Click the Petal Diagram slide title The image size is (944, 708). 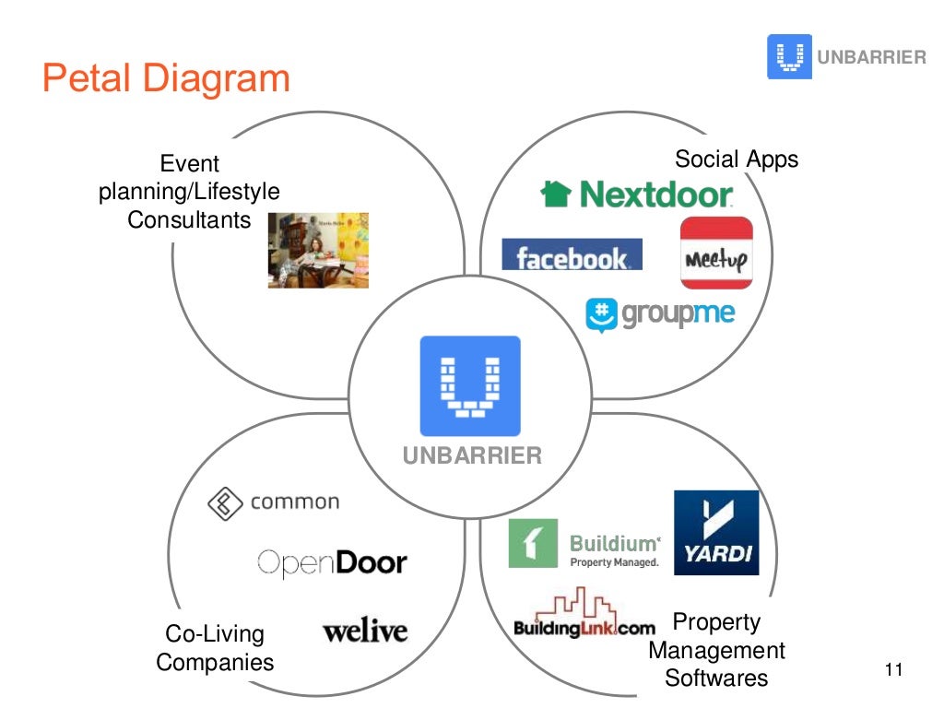[x=166, y=79]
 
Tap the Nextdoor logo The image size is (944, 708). [x=637, y=194]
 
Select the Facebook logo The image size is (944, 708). [x=572, y=255]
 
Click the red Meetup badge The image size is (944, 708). [x=716, y=253]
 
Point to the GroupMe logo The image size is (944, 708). [x=660, y=313]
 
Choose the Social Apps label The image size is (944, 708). [x=737, y=159]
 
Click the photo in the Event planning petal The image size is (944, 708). [x=318, y=250]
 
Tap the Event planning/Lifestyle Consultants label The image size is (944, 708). [x=189, y=192]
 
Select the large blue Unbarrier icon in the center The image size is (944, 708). [x=470, y=385]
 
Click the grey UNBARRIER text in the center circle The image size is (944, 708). [x=472, y=455]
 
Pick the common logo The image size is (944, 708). [x=273, y=502]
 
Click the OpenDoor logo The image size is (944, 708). [x=331, y=561]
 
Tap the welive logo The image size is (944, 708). [x=365, y=631]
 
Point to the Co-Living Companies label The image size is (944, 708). [x=215, y=648]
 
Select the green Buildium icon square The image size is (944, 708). [x=534, y=543]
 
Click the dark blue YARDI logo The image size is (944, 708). [x=716, y=532]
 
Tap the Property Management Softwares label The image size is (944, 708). [x=716, y=650]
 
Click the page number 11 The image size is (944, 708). [x=892, y=669]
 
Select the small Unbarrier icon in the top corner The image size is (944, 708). [x=789, y=56]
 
